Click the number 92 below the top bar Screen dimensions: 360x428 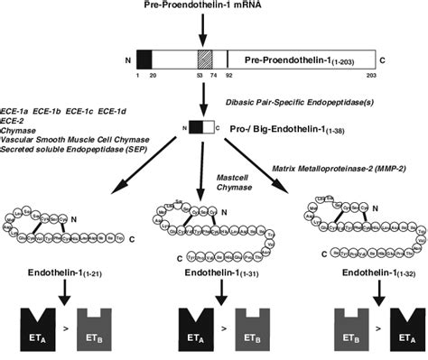coord(229,76)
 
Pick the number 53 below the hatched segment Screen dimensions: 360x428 coord(197,76)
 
